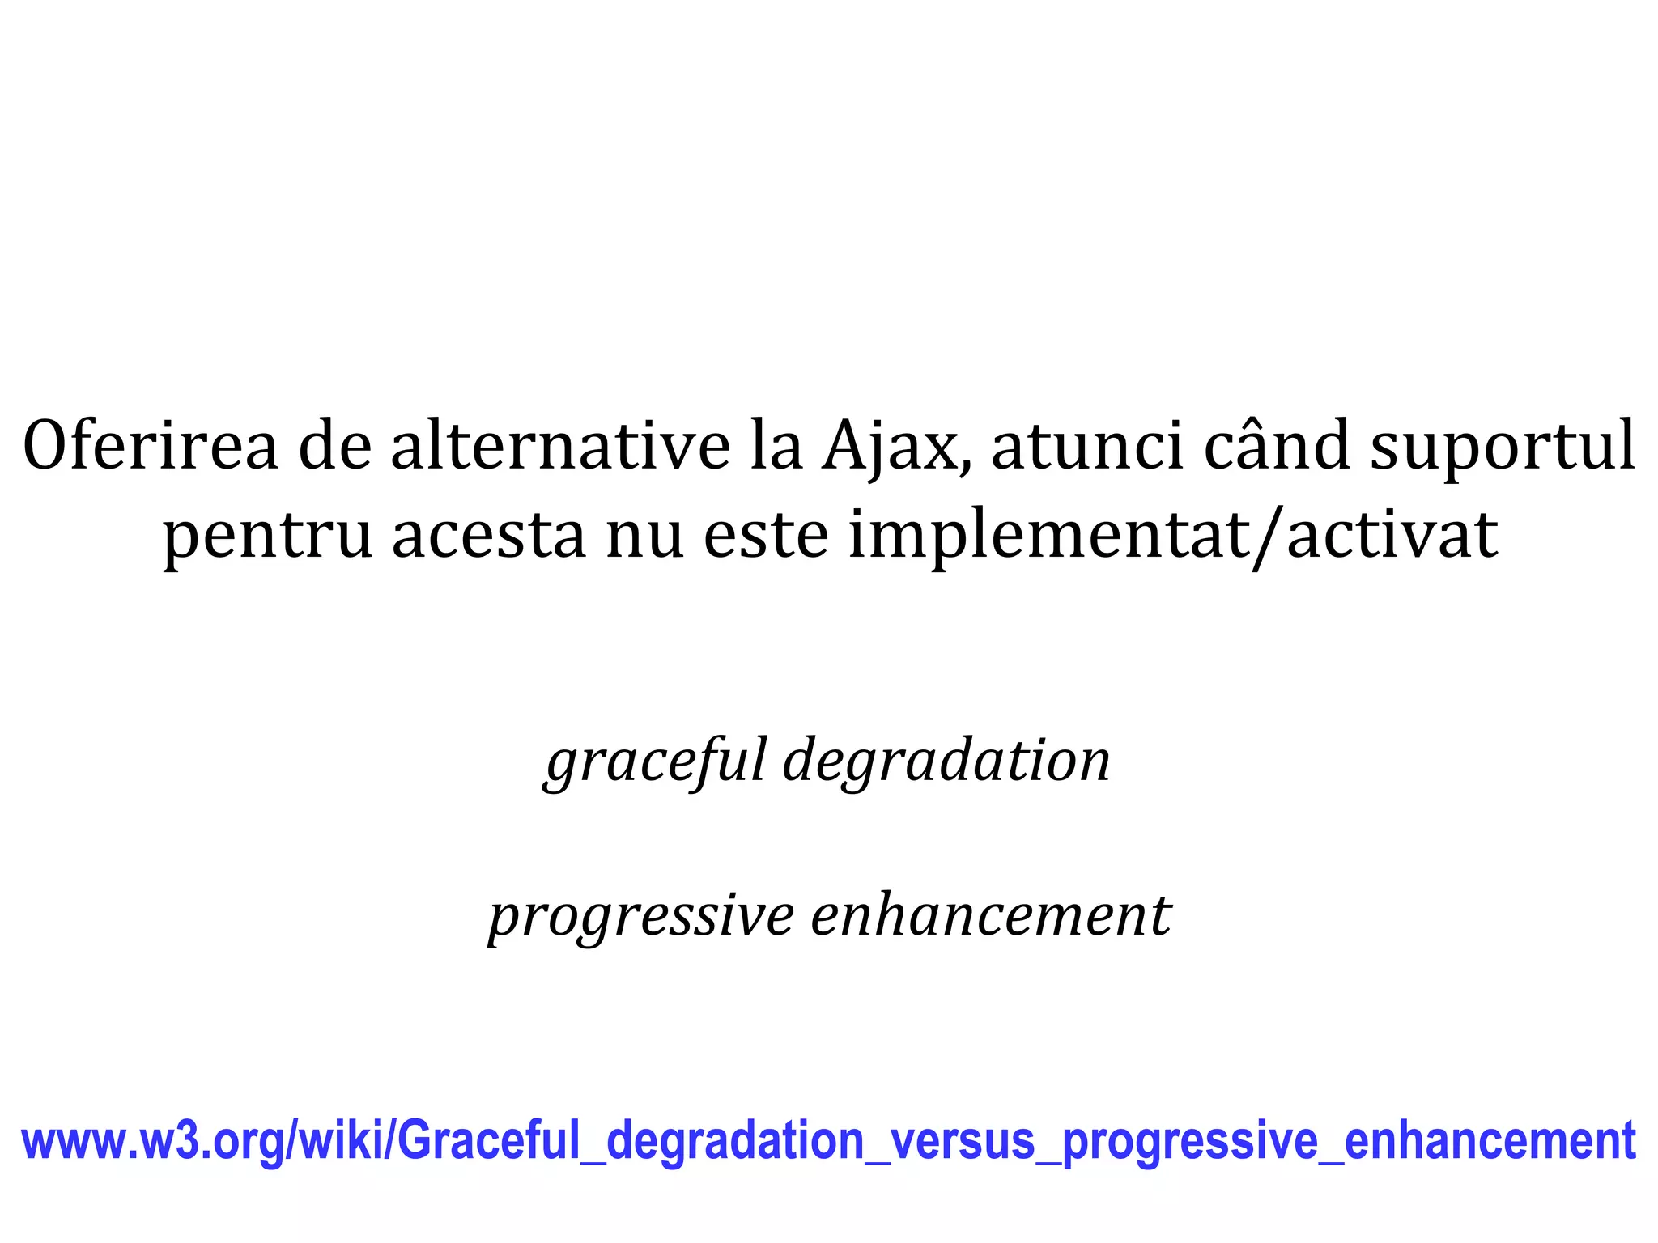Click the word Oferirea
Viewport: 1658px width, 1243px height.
click(x=151, y=446)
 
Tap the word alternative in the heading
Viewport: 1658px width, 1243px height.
click(x=560, y=446)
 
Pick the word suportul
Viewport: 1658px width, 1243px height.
click(x=1502, y=448)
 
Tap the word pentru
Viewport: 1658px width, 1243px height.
click(x=267, y=536)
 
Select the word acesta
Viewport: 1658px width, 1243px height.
click(x=488, y=536)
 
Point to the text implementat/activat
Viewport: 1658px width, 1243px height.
click(x=1172, y=536)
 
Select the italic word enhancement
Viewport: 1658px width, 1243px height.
click(x=990, y=917)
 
